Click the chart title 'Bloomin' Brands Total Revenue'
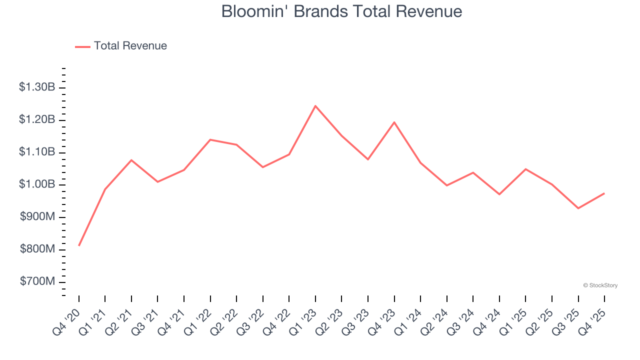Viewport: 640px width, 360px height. [341, 11]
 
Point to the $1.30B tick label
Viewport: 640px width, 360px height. [37, 87]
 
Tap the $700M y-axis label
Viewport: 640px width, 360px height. [37, 282]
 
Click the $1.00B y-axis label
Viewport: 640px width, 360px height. [37, 184]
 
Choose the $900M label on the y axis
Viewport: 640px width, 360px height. [37, 217]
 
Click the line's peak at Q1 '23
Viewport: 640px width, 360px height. [315, 106]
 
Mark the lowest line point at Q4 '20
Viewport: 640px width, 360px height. [79, 245]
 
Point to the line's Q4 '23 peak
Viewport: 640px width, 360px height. [394, 122]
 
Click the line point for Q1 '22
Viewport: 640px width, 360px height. [210, 139]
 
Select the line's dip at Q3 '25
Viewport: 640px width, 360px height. [578, 208]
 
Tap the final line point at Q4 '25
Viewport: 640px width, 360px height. [604, 193]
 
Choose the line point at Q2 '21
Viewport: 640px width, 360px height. [131, 160]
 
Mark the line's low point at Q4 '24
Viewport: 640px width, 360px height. [499, 194]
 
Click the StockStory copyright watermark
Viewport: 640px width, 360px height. [600, 285]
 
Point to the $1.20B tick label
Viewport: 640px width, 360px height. [37, 120]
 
